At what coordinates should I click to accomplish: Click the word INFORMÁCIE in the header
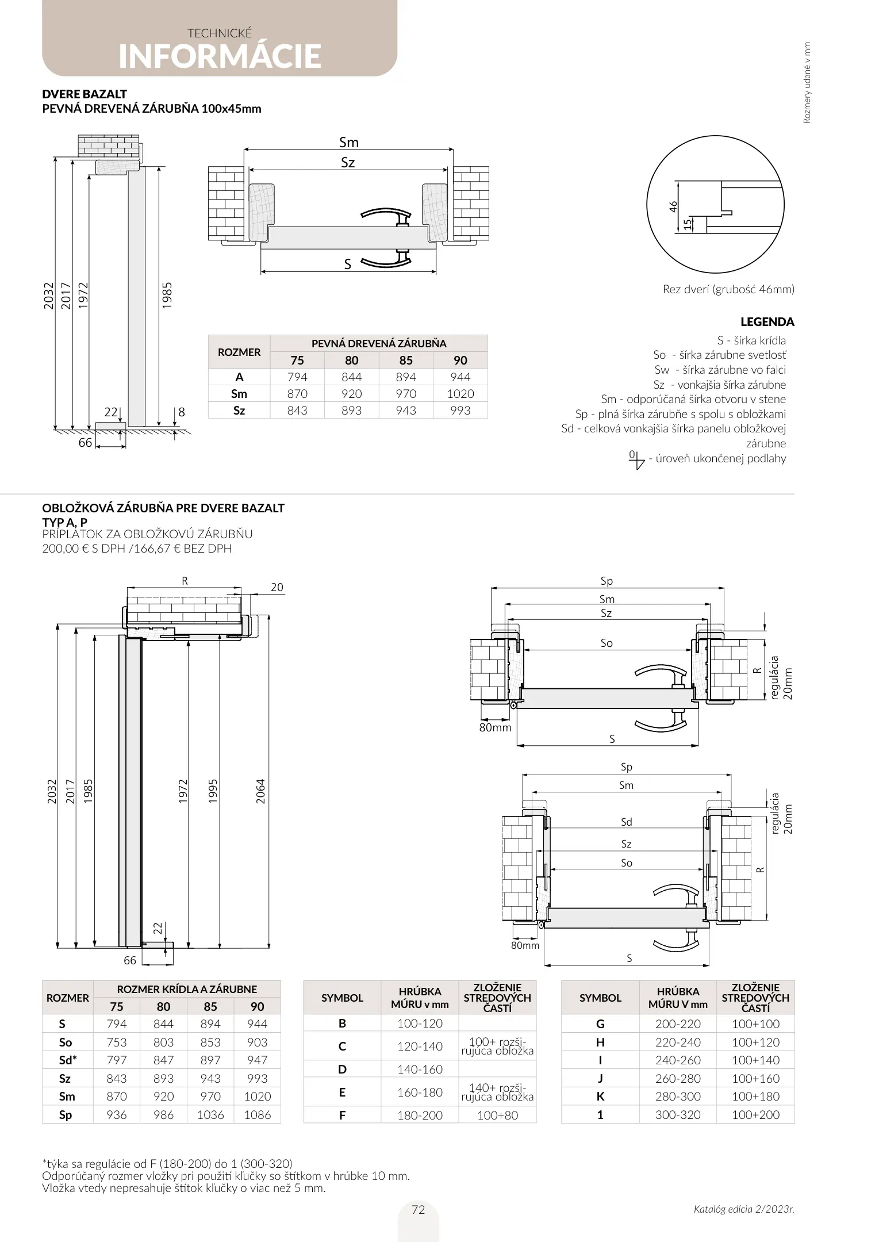coord(220,56)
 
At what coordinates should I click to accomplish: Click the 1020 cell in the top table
coord(460,394)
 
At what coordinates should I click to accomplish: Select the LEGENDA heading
coord(767,322)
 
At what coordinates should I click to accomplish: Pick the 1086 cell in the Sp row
coord(257,1114)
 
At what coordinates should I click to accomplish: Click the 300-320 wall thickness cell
coord(678,1114)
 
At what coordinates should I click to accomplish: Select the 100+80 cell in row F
coord(497,1115)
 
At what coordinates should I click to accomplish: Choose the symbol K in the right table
coord(600,1096)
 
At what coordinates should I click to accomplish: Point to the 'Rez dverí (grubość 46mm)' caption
coord(728,289)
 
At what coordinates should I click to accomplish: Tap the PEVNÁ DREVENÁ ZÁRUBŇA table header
coord(379,343)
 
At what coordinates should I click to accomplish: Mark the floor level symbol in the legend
coord(636,459)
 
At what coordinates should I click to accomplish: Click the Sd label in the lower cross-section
coord(626,822)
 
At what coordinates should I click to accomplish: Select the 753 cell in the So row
coord(117,1042)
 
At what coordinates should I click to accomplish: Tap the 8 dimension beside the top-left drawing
coord(182,412)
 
